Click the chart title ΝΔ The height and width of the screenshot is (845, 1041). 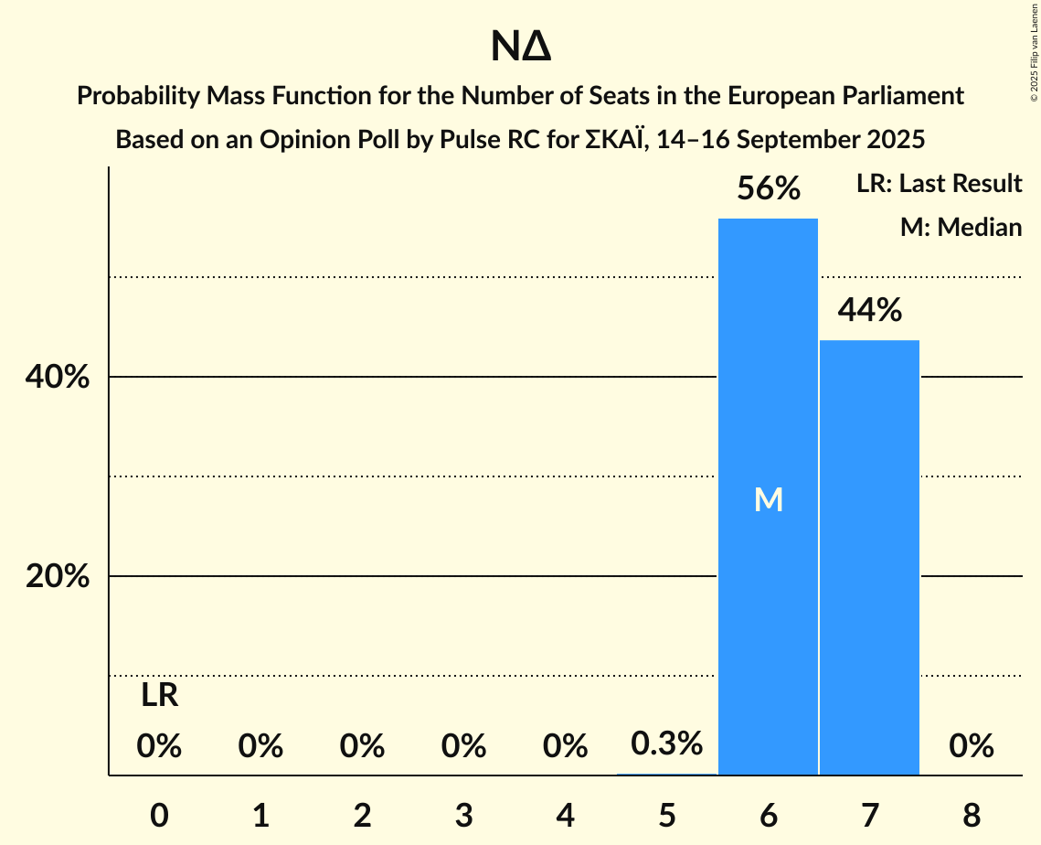(x=520, y=48)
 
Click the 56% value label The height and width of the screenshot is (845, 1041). (x=769, y=189)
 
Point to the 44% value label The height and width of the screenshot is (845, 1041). (x=869, y=311)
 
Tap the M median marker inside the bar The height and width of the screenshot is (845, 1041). (x=769, y=499)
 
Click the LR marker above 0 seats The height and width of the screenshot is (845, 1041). (x=159, y=697)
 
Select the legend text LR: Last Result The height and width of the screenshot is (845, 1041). (x=939, y=184)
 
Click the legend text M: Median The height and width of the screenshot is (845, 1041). (x=961, y=227)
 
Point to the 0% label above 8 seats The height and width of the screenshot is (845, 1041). (x=971, y=747)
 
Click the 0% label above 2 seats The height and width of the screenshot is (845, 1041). (x=362, y=747)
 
